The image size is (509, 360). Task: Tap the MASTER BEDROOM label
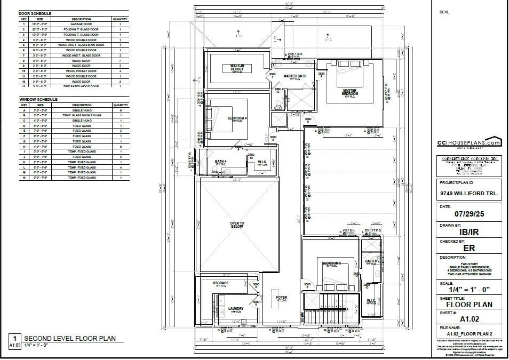pos(349,92)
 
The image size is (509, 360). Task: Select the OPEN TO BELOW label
pos(237,225)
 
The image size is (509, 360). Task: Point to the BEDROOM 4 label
pos(236,118)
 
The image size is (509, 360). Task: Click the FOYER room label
pos(281,298)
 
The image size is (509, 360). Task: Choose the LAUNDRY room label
pos(236,308)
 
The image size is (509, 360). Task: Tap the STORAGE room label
pos(221,283)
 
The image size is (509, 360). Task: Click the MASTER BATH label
pos(295,76)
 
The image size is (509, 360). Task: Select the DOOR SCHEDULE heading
pos(36,13)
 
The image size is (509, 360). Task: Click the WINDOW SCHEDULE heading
pos(38,100)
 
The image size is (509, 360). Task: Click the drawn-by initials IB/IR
pos(468,232)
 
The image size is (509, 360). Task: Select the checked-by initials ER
pos(468,248)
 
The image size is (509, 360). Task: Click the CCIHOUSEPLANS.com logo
pos(468,143)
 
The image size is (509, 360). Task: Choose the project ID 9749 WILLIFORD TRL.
pos(468,194)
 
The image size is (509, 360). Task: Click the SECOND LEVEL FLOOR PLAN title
pos(69,339)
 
